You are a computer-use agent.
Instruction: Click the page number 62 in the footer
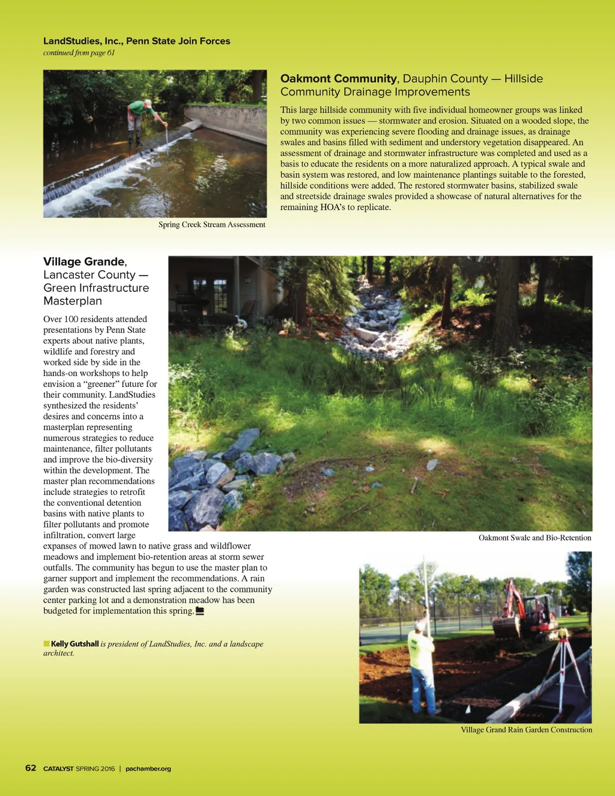click(31, 768)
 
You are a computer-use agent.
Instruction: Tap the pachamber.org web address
click(148, 768)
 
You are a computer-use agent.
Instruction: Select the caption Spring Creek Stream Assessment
click(211, 225)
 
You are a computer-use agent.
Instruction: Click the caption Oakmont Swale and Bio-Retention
click(535, 538)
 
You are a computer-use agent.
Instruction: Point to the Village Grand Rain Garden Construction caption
click(526, 730)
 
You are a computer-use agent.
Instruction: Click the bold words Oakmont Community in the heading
click(338, 79)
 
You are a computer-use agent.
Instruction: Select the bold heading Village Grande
click(83, 261)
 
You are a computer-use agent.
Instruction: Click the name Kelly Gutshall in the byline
click(74, 644)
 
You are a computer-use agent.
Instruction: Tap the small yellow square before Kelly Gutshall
click(46, 644)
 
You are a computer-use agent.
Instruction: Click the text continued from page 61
click(79, 53)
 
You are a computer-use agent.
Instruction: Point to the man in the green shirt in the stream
click(140, 120)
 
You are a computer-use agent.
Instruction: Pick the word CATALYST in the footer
click(58, 768)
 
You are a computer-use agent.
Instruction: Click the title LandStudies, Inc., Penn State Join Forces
click(136, 41)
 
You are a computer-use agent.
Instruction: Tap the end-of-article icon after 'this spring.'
click(200, 611)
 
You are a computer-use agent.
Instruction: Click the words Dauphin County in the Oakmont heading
click(445, 79)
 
